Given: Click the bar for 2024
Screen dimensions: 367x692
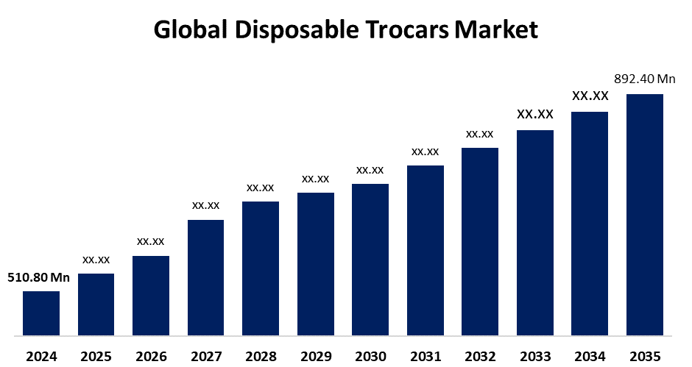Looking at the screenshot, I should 41,313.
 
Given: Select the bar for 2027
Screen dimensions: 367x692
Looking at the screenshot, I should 205,277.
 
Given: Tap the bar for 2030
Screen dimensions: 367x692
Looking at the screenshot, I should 370,260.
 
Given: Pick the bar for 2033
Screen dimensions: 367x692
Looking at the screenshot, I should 535,232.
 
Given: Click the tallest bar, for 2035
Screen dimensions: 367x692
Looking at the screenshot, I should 645,215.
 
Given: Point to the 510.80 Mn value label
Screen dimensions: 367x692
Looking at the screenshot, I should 38,277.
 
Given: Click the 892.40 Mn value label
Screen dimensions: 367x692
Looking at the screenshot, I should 645,79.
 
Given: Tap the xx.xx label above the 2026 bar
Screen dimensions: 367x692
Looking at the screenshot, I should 151,241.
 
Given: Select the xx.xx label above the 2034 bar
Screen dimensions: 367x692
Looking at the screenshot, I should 590,96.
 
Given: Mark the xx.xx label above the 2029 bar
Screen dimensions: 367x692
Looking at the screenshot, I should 315,179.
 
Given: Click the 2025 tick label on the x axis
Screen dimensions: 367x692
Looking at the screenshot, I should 96,357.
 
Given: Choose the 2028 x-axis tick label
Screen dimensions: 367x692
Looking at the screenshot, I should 261,357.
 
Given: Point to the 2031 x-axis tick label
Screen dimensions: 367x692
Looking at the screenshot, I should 426,357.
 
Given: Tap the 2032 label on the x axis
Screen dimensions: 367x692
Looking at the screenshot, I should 480,357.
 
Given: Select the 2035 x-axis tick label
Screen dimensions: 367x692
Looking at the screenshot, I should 645,357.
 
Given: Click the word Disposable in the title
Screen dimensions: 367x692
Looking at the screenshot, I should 295,31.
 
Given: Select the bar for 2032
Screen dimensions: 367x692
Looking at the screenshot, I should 480,242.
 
